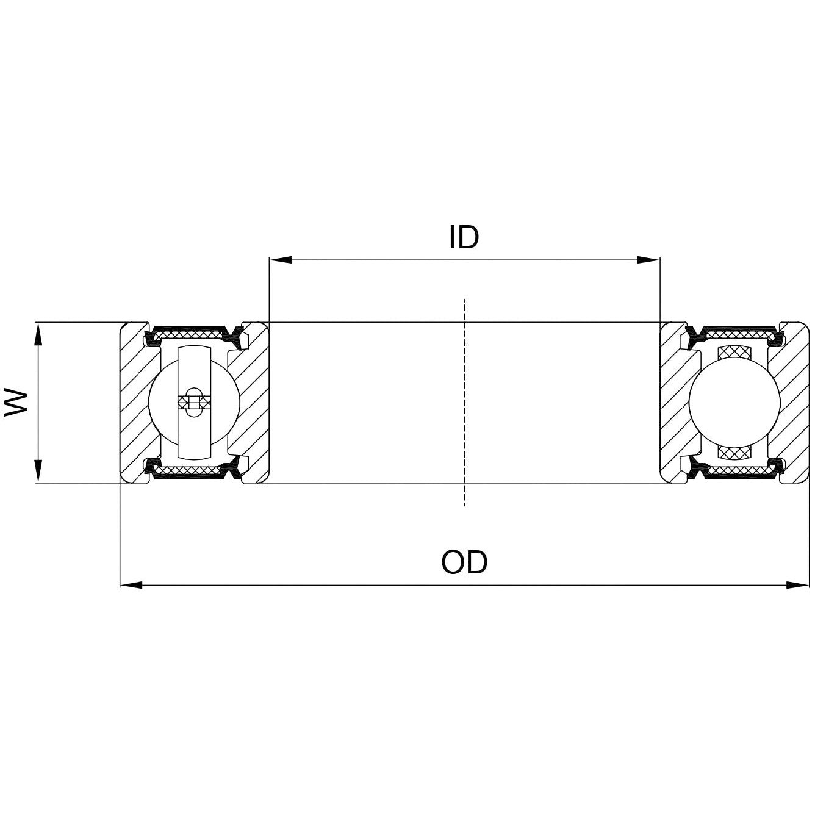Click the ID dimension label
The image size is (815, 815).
464,237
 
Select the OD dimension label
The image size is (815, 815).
464,562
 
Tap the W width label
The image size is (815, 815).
16,401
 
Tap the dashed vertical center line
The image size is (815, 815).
465,403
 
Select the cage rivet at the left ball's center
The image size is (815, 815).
193,401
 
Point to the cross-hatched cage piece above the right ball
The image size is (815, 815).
734,353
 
